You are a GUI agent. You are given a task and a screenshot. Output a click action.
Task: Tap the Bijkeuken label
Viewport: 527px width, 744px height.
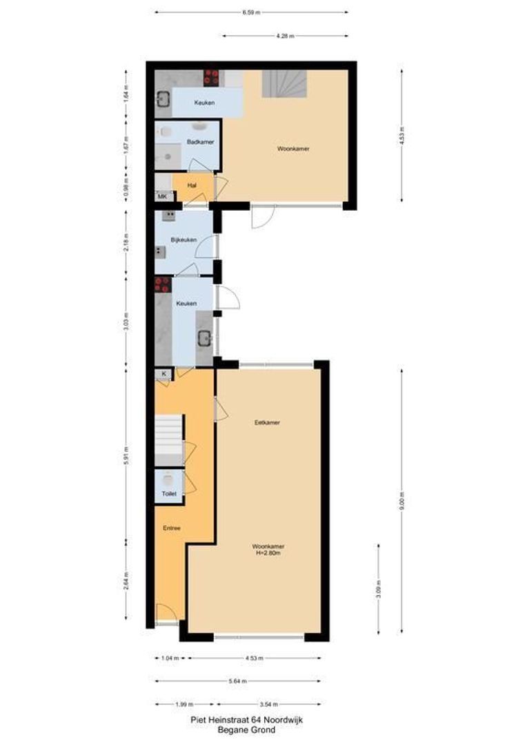[x=184, y=240]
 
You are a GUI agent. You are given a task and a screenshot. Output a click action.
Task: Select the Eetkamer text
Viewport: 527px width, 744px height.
[x=267, y=422]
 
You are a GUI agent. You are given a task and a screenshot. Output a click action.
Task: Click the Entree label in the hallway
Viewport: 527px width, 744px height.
[x=172, y=528]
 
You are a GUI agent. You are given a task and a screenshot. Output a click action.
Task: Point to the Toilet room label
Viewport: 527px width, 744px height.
[x=169, y=493]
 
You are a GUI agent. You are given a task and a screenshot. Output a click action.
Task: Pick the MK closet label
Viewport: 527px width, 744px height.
[x=163, y=197]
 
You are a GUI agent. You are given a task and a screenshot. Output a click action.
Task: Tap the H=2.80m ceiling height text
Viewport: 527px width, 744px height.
[x=267, y=552]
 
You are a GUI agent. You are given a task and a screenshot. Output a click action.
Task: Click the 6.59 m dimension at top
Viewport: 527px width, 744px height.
[x=251, y=12]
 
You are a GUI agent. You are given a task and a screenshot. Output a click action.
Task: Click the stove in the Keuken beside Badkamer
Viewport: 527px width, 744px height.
[x=211, y=76]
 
